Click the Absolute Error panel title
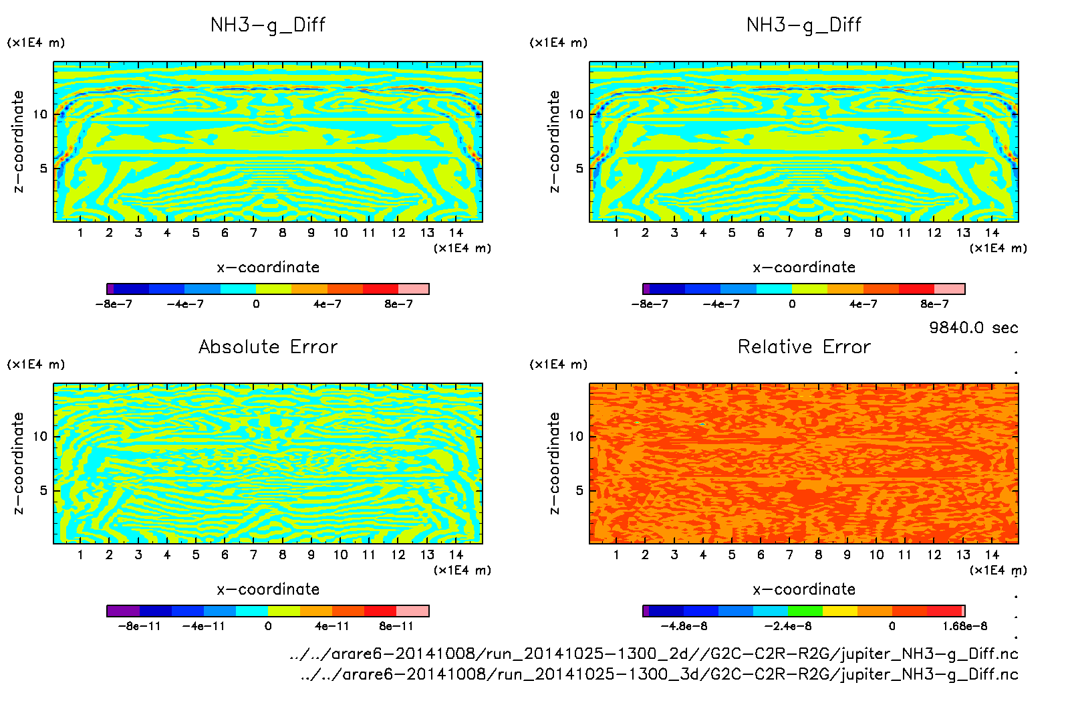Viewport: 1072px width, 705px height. click(268, 347)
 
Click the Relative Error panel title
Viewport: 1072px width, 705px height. click(804, 347)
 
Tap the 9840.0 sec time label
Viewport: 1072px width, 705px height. click(973, 328)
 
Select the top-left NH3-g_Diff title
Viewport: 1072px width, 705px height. click(268, 25)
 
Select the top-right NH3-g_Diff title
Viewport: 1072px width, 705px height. click(804, 25)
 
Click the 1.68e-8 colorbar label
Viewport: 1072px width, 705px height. click(964, 627)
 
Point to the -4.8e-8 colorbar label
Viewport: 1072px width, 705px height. click(684, 627)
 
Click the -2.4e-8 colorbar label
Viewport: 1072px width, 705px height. click(789, 627)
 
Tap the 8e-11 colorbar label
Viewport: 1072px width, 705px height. click(396, 627)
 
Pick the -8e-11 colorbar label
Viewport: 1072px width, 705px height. click(140, 627)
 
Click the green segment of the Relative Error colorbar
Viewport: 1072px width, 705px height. click(805, 611)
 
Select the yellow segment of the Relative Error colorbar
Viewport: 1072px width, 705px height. click(840, 611)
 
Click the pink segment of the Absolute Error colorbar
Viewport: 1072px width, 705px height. click(412, 611)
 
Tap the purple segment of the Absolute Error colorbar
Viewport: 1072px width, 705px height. click(124, 611)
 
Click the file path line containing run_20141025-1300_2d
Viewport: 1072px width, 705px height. click(654, 653)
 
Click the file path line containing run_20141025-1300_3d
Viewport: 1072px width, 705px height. click(659, 674)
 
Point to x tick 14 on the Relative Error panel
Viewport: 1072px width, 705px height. click(992, 555)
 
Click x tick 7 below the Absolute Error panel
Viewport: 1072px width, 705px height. click(253, 555)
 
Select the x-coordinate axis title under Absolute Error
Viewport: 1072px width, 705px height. click(268, 589)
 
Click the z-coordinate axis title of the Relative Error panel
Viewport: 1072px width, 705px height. click(554, 463)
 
